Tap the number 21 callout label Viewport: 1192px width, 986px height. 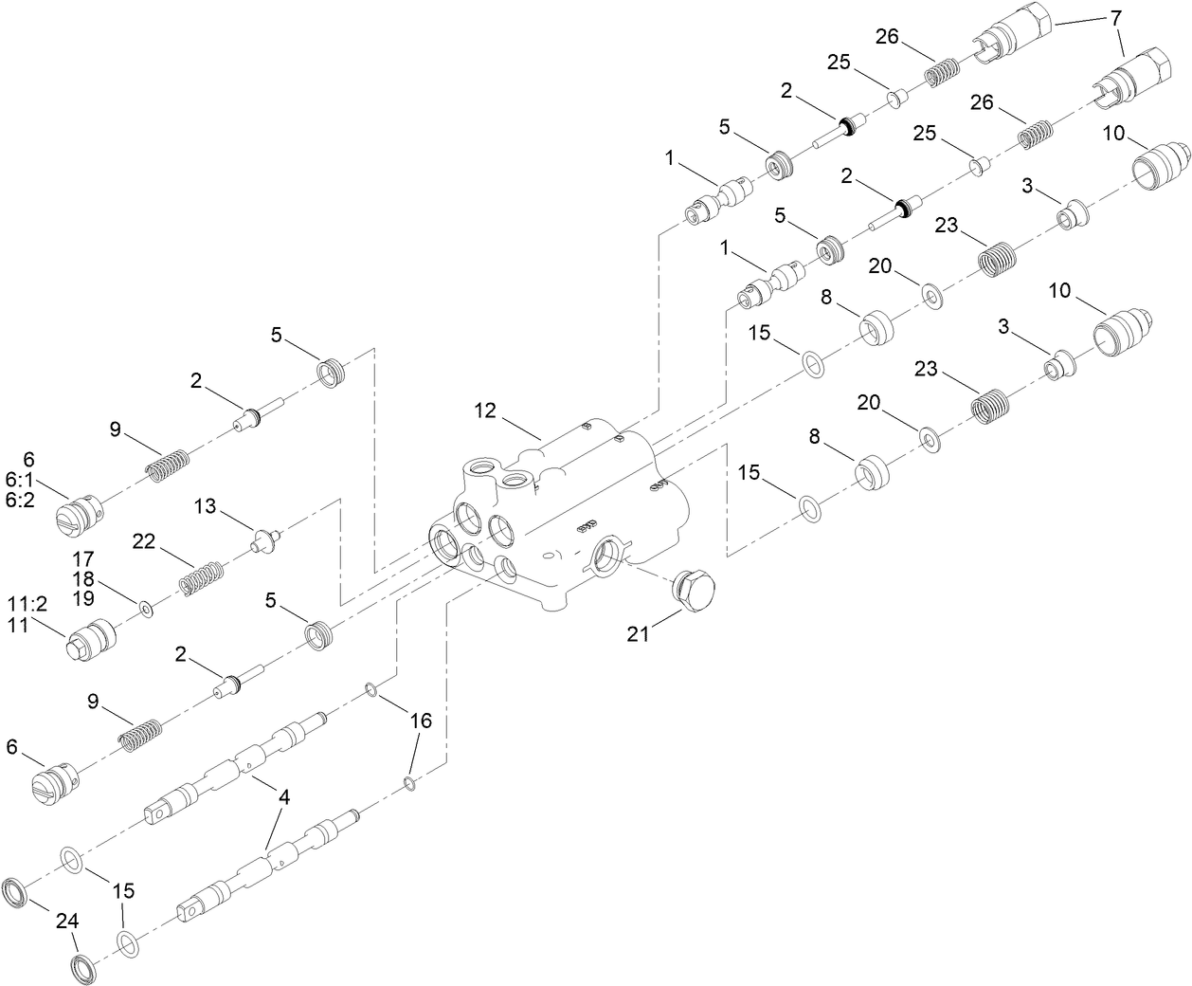click(x=638, y=633)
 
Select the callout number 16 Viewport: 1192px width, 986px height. click(x=420, y=721)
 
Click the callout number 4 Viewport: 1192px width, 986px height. click(x=284, y=797)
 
